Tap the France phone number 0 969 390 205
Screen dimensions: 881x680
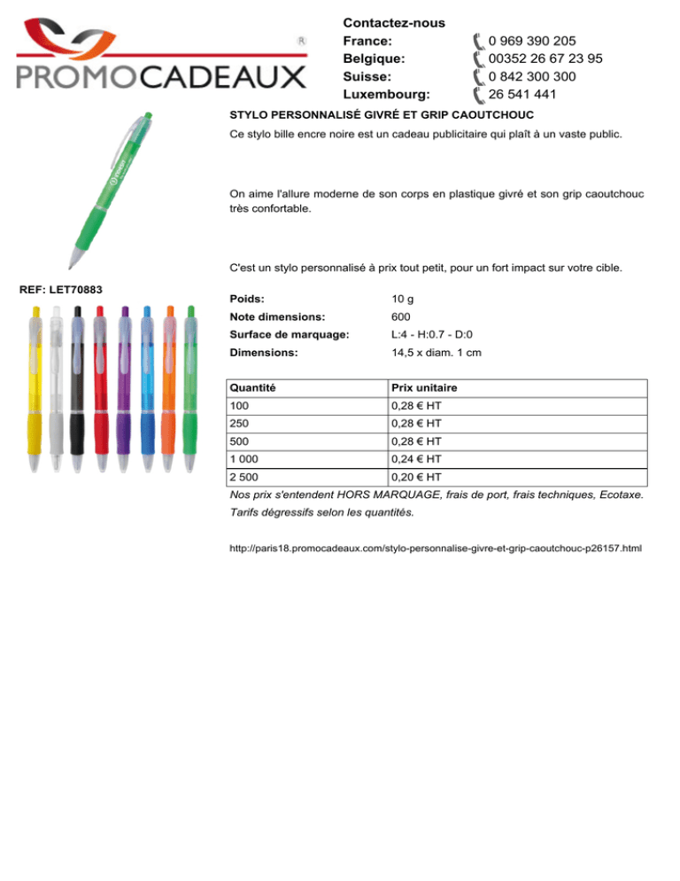532,41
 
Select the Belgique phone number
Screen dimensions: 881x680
545,58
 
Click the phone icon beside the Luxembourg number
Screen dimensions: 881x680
478,94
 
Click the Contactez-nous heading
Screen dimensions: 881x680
393,22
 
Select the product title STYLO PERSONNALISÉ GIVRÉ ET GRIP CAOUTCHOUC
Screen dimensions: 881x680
381,116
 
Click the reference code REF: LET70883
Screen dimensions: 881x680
60,290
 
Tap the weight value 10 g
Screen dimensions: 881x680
403,300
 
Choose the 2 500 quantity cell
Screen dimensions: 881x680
245,477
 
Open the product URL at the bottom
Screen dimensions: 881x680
435,550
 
